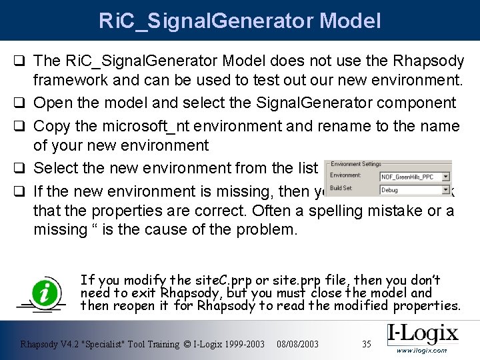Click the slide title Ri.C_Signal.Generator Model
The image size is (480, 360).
pos(240,20)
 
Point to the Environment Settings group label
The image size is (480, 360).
pos(356,164)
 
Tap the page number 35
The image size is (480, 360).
pos(366,344)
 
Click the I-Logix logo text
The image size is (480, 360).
pos(423,334)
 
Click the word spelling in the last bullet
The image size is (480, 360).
pos(345,211)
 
